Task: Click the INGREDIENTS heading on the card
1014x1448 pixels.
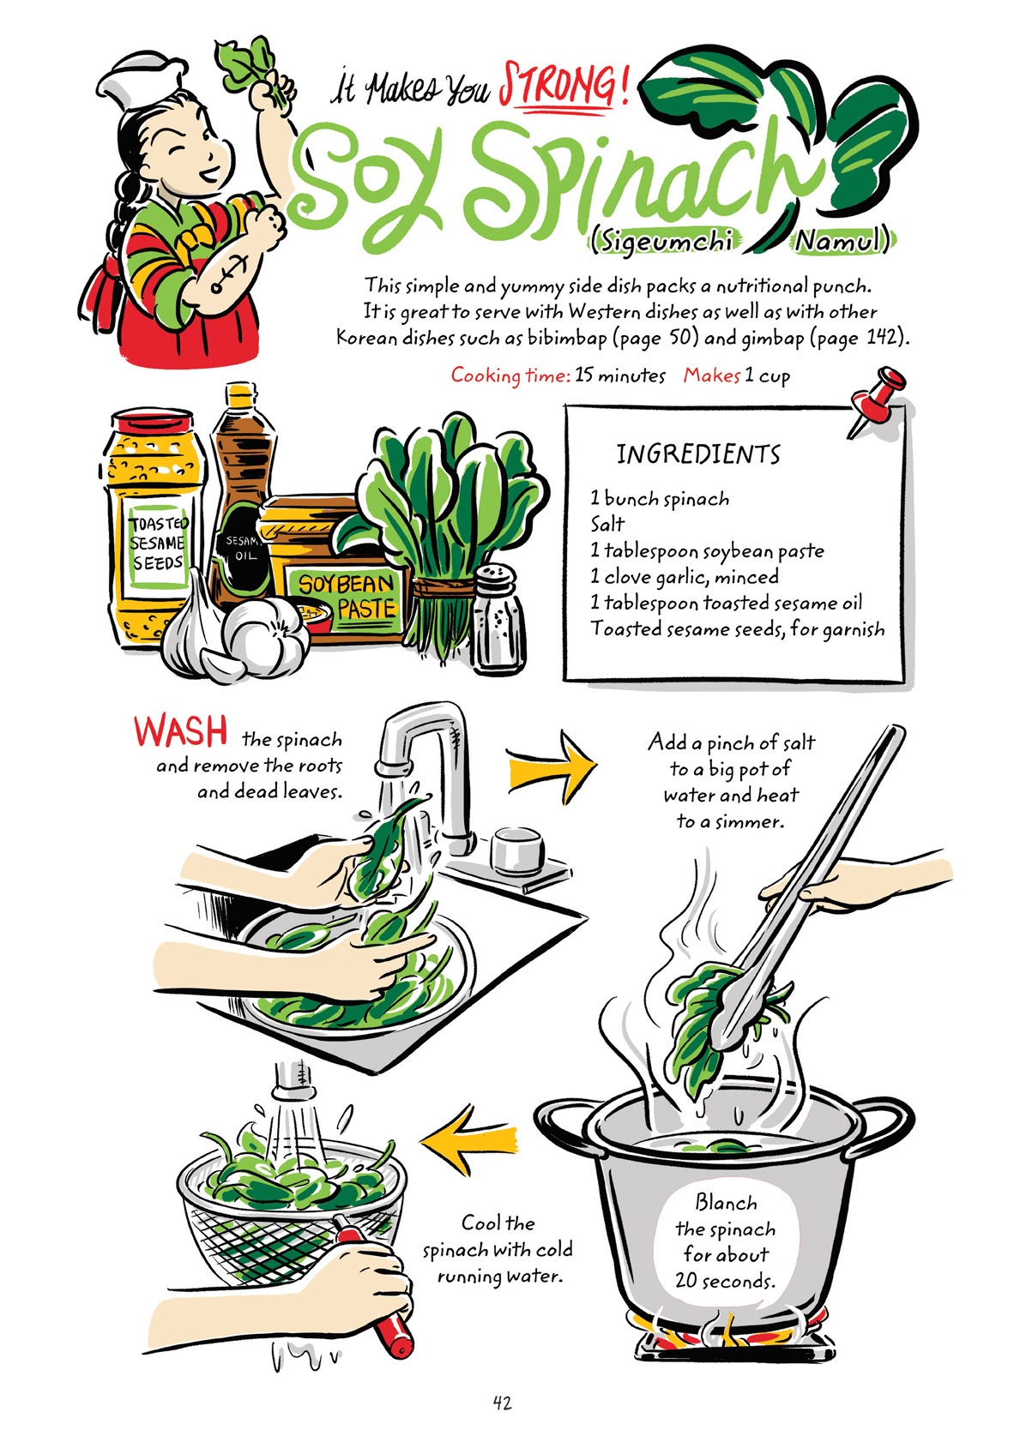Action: coord(698,454)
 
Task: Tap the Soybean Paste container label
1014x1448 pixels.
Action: coord(346,598)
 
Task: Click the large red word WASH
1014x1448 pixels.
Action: coord(181,731)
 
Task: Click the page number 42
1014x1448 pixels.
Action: coord(503,1403)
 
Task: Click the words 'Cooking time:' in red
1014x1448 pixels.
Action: coord(510,376)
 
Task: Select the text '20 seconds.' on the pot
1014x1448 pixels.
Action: coord(724,1281)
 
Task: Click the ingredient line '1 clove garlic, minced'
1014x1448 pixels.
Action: coord(685,577)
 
